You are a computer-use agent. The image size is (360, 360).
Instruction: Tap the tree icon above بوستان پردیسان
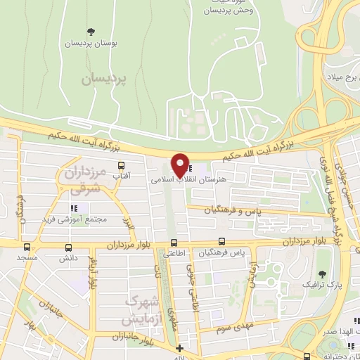(x=90, y=31)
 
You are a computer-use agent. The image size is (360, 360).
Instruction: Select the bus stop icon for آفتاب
(x=122, y=165)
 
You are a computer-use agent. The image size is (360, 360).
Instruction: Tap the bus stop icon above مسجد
(x=27, y=247)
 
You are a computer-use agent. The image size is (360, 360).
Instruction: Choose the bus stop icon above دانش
(x=69, y=247)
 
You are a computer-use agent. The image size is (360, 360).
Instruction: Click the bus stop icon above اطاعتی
(x=173, y=243)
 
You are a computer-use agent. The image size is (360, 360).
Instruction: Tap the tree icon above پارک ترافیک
(x=322, y=274)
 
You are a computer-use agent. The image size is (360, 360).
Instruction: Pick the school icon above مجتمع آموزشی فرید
(x=72, y=207)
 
